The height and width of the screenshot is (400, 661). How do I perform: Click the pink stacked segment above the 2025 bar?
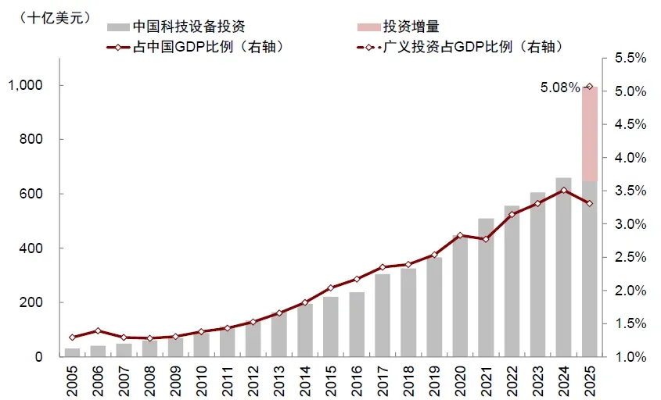pyautogui.click(x=589, y=134)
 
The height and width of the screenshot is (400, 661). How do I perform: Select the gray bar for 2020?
pyautogui.click(x=461, y=297)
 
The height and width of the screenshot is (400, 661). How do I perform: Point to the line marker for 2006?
pyautogui.click(x=98, y=331)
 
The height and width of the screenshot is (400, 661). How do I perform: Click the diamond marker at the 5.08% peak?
pyautogui.click(x=589, y=87)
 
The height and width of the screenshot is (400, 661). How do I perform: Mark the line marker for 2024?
pyautogui.click(x=563, y=190)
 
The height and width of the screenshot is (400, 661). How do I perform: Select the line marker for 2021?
pyautogui.click(x=486, y=239)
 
